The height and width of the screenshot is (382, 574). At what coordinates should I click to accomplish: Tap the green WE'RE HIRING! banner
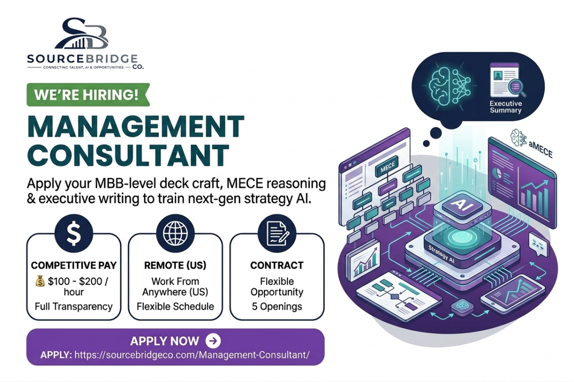coord(88,95)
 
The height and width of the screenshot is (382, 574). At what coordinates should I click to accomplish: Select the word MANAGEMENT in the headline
coord(136,126)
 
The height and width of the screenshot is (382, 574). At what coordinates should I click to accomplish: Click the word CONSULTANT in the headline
coord(128,155)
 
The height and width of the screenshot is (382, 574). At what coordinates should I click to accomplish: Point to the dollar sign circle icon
coord(73,233)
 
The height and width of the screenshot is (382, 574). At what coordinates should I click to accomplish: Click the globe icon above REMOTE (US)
coord(175,233)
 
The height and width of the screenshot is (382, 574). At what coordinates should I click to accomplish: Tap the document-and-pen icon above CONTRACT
coord(277,233)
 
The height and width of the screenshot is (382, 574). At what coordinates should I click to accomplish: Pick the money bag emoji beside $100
coord(40,281)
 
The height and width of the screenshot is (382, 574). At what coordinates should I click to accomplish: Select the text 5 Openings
coord(277,307)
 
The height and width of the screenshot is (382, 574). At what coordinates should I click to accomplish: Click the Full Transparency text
coord(73,307)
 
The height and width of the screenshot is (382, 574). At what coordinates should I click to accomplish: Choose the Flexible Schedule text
coord(175,307)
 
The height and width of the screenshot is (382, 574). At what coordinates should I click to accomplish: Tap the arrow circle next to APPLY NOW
coord(213,340)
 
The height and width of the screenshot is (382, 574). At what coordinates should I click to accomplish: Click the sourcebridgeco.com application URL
coord(192,355)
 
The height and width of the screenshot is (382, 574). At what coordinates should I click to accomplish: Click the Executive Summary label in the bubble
coord(505,107)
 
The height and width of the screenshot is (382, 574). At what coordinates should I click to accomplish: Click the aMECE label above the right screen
coord(540,148)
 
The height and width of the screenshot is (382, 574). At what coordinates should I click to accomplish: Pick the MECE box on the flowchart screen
coord(387,168)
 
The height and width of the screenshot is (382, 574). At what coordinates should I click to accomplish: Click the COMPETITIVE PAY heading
coord(73,265)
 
